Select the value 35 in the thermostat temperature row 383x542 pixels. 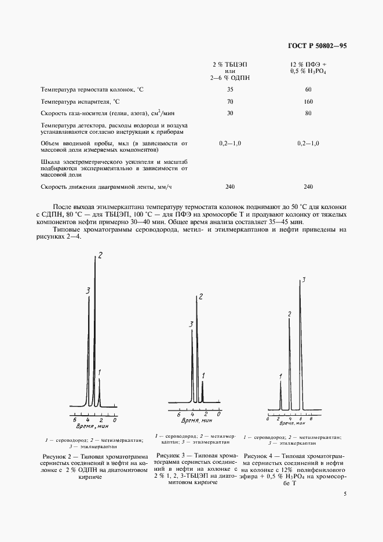(230, 90)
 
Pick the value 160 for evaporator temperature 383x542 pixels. (308, 101)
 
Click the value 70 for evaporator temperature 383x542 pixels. (230, 101)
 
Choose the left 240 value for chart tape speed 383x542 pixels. (230, 186)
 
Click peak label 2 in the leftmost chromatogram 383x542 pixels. (100, 256)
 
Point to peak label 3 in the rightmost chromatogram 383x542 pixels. (304, 280)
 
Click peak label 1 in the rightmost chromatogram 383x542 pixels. (280, 377)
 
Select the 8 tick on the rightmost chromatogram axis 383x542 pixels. (311, 418)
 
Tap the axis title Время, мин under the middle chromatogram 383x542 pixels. (193, 423)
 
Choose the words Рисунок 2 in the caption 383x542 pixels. (53, 456)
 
